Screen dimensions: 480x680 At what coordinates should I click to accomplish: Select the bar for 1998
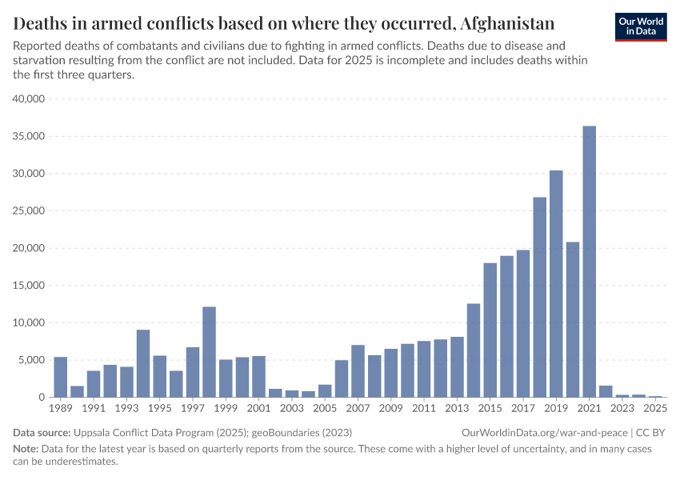(x=209, y=352)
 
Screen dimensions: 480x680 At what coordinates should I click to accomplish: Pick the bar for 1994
(x=143, y=364)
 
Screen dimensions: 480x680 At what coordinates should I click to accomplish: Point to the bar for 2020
(x=573, y=320)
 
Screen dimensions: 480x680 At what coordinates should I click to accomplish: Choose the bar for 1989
(x=60, y=377)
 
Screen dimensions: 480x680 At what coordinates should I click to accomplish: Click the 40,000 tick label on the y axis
(x=31, y=99)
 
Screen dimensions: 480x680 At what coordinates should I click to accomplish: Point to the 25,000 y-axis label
(x=31, y=211)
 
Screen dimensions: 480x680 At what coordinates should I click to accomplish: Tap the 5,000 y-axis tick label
(x=34, y=360)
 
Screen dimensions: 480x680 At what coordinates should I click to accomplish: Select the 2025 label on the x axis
(x=655, y=408)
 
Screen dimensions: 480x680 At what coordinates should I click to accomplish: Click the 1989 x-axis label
(x=60, y=408)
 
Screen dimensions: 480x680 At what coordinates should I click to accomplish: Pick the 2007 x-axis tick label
(x=358, y=408)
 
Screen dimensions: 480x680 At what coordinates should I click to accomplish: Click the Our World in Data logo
(x=641, y=26)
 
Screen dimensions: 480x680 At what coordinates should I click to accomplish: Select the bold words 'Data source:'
(x=41, y=432)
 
